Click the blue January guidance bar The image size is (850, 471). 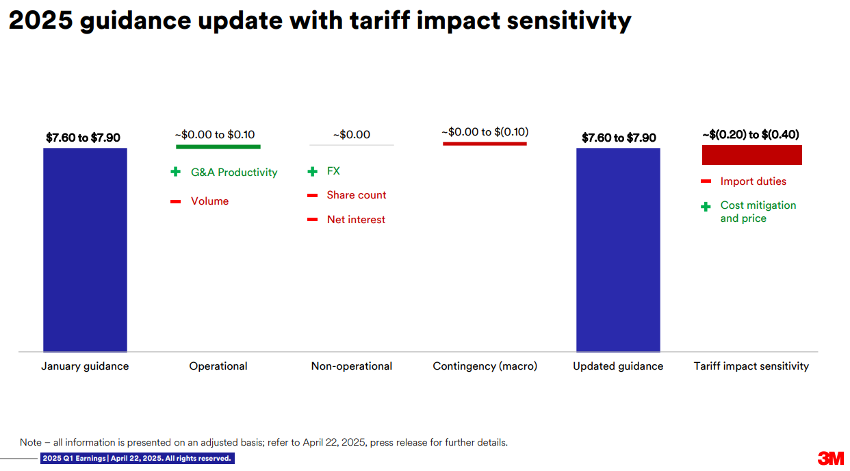[x=85, y=250]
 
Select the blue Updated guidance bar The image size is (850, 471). [x=618, y=250]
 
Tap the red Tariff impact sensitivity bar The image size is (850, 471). [x=751, y=155]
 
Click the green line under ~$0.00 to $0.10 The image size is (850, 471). [x=218, y=147]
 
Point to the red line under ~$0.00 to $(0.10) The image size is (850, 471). [x=485, y=144]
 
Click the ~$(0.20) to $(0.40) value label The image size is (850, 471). [x=751, y=135]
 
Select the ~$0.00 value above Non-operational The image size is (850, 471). [x=352, y=135]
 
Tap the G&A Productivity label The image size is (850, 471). [x=234, y=173]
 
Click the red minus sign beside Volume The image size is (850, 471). [x=175, y=201]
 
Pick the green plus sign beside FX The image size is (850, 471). [x=313, y=172]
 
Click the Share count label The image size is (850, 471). [x=357, y=195]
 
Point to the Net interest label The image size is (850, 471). [x=356, y=220]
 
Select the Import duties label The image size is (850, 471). [x=753, y=181]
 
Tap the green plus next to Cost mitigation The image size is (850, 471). [x=706, y=207]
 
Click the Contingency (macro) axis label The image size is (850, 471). [x=485, y=366]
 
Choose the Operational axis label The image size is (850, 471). [x=218, y=366]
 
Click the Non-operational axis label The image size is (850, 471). [x=352, y=366]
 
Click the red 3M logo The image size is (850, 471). [x=831, y=459]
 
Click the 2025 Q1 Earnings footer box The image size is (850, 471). [x=137, y=458]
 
